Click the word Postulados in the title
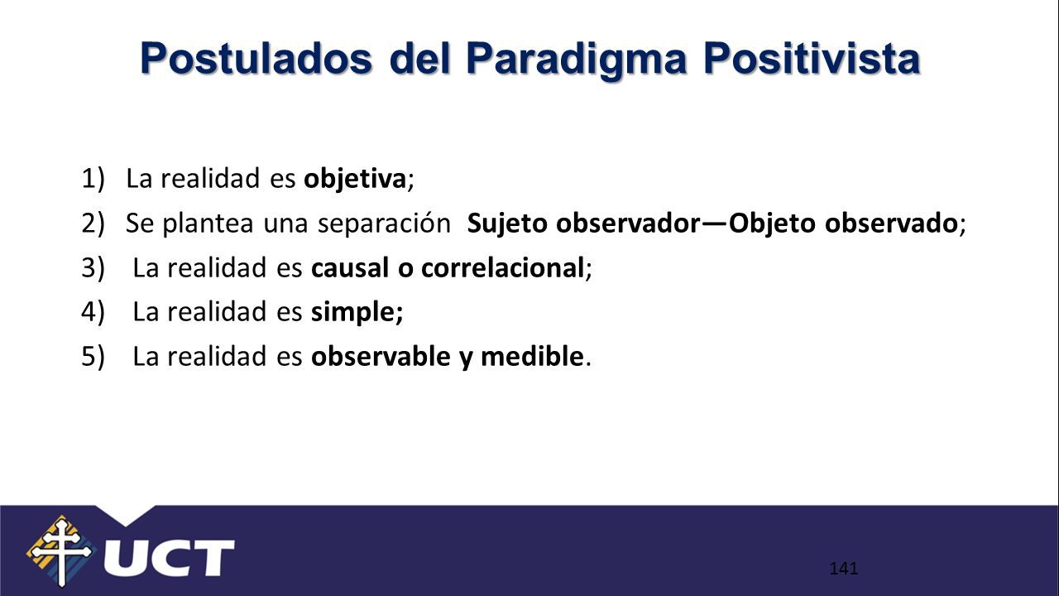pos(256,58)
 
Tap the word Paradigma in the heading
pos(577,60)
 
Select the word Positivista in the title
pos(812,58)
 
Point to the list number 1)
pos(93,179)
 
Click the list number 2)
pos(93,223)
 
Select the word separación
pos(384,223)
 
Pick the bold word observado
pos(891,223)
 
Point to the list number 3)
pos(93,267)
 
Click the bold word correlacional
pos(503,267)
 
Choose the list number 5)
pos(93,357)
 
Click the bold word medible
pos(532,356)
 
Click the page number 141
pos(844,568)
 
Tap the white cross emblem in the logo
pos(62,551)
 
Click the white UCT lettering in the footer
pos(170,558)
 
